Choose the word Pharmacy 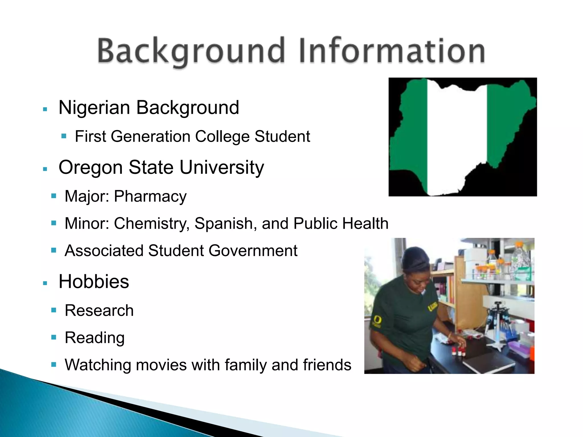pos(150,197)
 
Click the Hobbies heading pos(94,282)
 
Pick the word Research pos(99,310)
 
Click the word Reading pos(95,338)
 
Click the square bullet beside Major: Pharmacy pos(54,196)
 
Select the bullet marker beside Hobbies pos(45,283)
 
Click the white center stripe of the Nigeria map pos(457,137)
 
